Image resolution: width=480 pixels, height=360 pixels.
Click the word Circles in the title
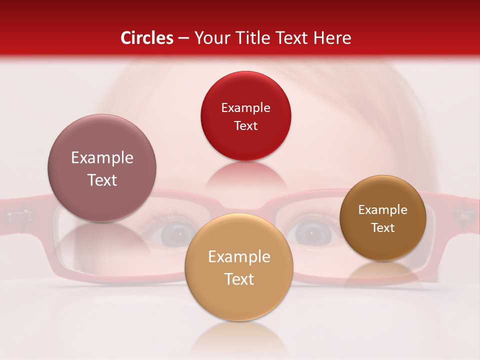coord(147,38)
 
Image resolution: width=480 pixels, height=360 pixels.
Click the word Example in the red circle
coord(245,107)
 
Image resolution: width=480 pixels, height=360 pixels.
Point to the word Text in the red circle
coord(245,125)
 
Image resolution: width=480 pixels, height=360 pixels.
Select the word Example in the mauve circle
coord(102,157)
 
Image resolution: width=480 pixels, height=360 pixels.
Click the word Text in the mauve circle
coord(102,180)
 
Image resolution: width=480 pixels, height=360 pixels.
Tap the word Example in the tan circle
coord(239,256)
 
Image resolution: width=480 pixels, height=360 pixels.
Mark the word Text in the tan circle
coord(239,279)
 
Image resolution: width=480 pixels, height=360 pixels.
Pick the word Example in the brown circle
coord(383,209)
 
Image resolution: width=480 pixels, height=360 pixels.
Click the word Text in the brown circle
coord(383,227)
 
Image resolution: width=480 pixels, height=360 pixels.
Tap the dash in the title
coord(183,38)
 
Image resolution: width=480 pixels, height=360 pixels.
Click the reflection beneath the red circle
coord(245,175)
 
